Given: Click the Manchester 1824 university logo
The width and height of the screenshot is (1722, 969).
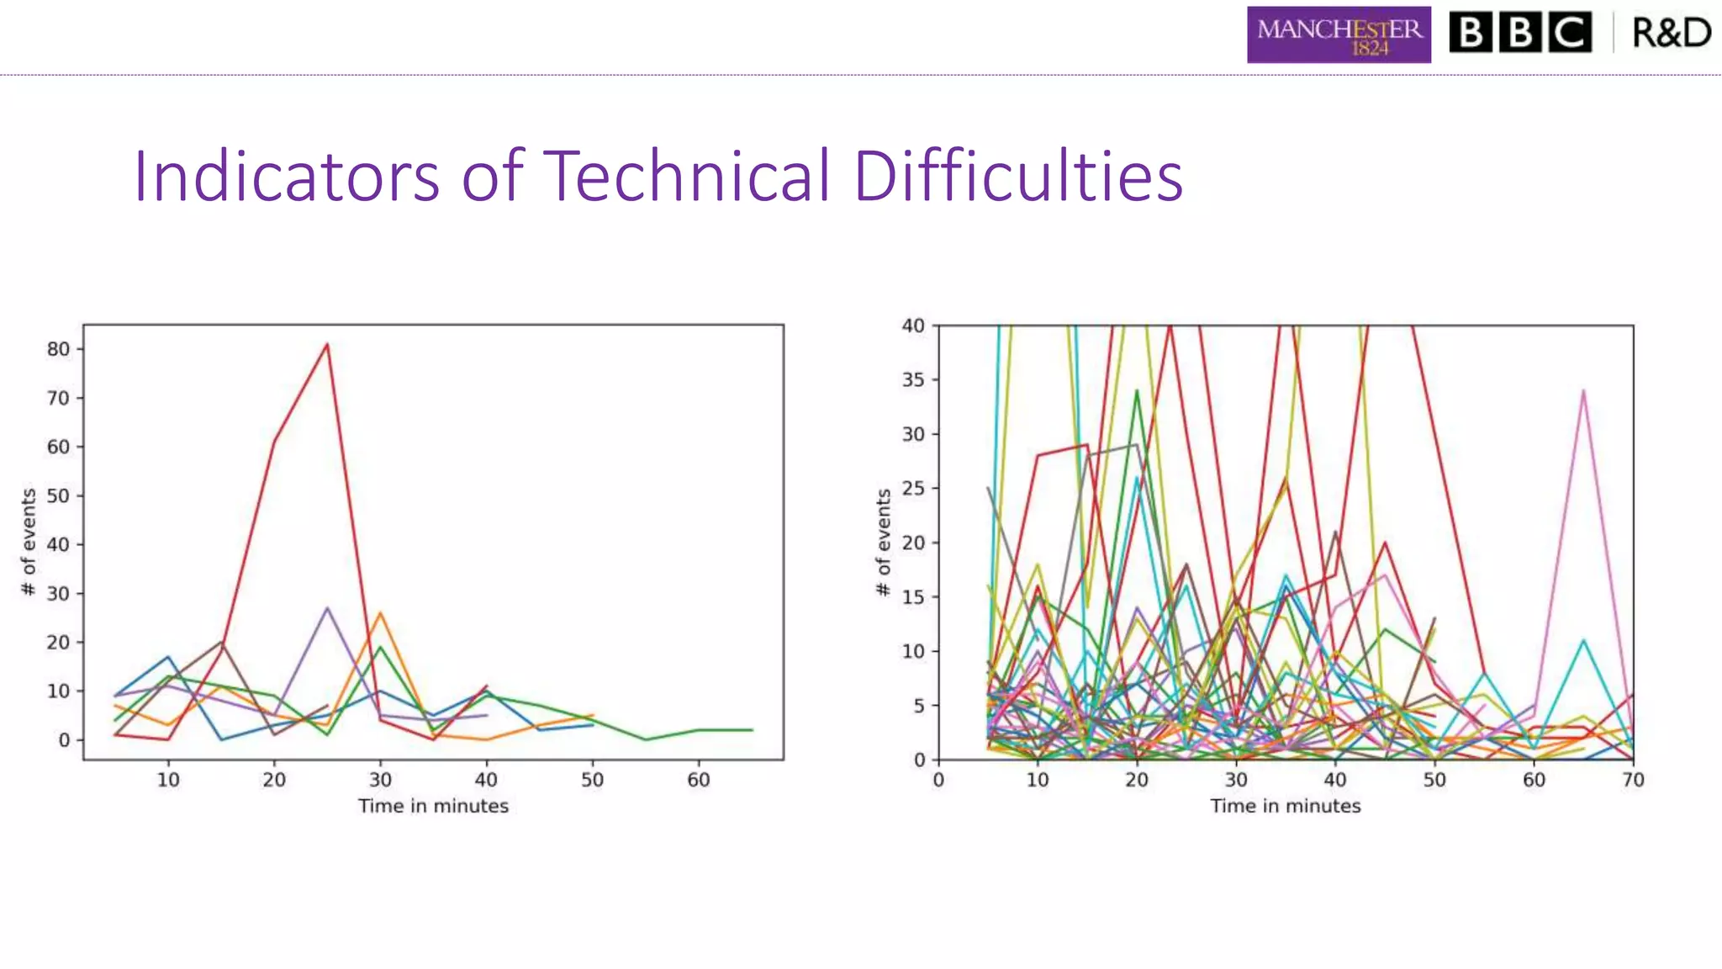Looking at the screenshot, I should pos(1339,35).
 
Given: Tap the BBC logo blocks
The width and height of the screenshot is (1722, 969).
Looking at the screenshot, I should pos(1520,33).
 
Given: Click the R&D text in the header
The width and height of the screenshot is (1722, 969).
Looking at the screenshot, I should pos(1672,33).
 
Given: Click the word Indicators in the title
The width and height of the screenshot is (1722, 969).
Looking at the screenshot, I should pos(286,177).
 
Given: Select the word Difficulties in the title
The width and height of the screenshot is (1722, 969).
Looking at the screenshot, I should pos(1017,177).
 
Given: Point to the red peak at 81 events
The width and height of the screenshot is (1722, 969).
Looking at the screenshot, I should pos(327,344).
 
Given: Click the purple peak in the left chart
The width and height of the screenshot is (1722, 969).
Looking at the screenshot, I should pos(327,608).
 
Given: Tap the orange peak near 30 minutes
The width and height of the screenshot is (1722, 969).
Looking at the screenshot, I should pos(380,613).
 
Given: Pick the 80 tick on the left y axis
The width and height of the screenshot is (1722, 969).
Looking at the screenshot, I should pos(58,349).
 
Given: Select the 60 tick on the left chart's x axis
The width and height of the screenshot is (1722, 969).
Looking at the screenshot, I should pos(698,780).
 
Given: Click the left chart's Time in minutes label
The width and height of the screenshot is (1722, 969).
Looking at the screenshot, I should pos(433,806).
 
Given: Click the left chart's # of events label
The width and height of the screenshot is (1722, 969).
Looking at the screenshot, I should pos(29,543).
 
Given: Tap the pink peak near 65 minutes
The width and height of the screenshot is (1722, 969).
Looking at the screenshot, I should pos(1583,391).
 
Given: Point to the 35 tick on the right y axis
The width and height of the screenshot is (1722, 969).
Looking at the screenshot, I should pos(913,380).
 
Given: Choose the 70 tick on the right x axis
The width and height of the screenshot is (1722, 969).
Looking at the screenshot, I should pos(1633,780).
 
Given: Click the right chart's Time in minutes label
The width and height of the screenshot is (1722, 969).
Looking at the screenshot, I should pos(1285,806).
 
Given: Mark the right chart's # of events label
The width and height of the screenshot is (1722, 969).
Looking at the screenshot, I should pos(883,543).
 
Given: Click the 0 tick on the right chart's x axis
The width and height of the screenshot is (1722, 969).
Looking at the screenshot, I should pos(938,780).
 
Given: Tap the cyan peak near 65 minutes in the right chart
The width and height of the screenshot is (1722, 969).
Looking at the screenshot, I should pos(1583,641).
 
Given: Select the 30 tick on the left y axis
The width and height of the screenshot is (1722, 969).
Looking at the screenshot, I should pos(58,593).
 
